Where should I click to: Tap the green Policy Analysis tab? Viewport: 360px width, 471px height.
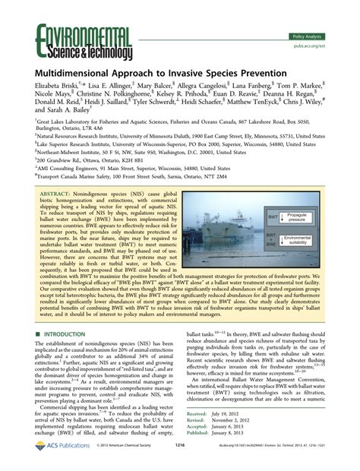(x=309, y=36)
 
